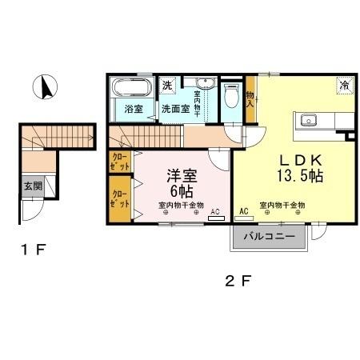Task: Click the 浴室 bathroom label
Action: pyautogui.click(x=133, y=110)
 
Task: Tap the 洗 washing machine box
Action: pyautogui.click(x=168, y=85)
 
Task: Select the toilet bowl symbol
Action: pyautogui.click(x=231, y=96)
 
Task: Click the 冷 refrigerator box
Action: pyautogui.click(x=344, y=85)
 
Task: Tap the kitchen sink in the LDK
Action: pyautogui.click(x=309, y=121)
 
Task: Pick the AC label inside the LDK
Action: pyautogui.click(x=243, y=211)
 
